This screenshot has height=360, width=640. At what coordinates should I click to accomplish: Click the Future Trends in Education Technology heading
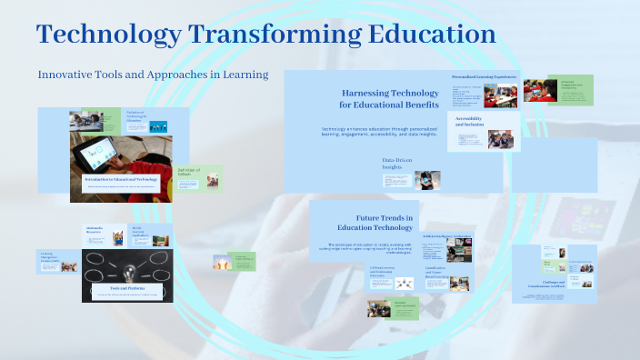[385, 223]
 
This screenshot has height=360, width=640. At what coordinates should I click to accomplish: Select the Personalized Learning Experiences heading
[485, 76]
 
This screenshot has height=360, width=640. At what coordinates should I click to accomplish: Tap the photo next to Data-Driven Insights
[428, 179]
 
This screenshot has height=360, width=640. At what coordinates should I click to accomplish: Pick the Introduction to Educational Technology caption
[121, 180]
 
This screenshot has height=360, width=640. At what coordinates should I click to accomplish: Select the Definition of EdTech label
[190, 172]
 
